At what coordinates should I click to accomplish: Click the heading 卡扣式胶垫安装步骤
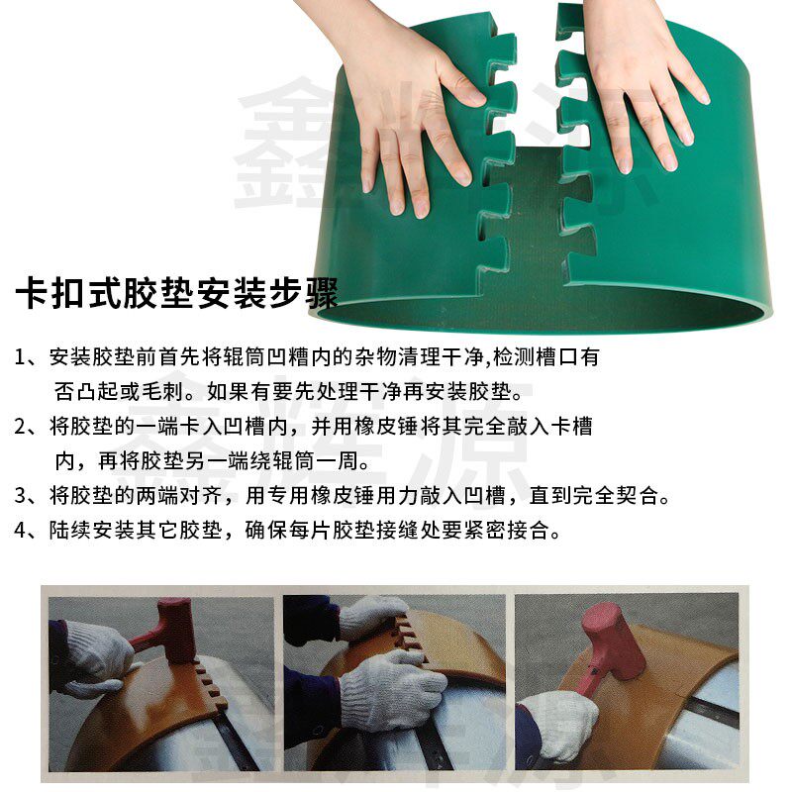coord(176,293)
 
